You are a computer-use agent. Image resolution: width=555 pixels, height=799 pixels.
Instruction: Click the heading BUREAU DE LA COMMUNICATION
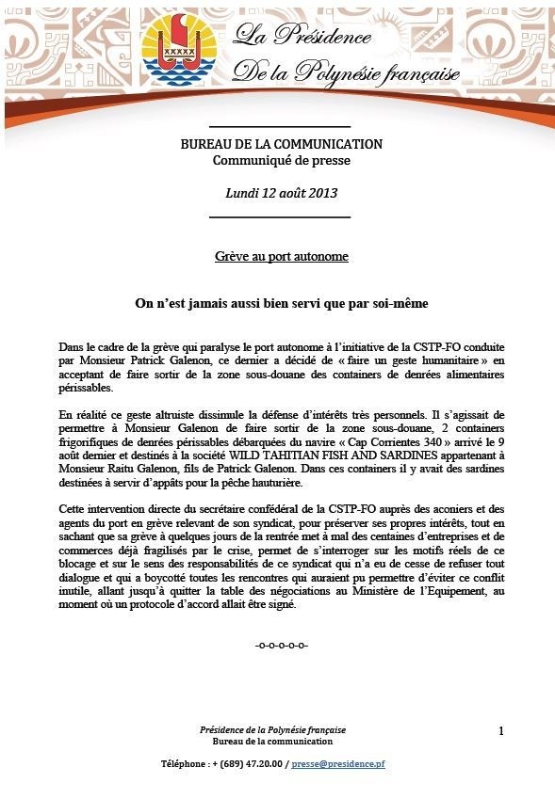pyautogui.click(x=281, y=145)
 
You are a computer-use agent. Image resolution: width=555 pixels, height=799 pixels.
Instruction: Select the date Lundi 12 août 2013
pyautogui.click(x=281, y=194)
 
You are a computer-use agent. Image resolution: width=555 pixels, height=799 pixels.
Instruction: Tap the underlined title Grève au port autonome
pyautogui.click(x=281, y=256)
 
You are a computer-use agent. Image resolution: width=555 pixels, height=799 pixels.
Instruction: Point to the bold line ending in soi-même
pyautogui.click(x=281, y=304)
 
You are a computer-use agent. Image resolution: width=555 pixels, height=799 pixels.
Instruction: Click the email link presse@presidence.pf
pyautogui.click(x=338, y=764)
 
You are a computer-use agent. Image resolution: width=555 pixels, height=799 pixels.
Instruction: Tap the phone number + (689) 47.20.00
pyautogui.click(x=242, y=764)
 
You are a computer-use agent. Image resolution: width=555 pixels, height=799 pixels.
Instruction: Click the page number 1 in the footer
pyautogui.click(x=501, y=731)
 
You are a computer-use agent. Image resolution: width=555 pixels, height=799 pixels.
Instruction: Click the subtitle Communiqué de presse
pyautogui.click(x=281, y=160)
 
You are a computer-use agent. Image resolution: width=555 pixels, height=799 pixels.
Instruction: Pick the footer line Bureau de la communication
pyautogui.click(x=272, y=742)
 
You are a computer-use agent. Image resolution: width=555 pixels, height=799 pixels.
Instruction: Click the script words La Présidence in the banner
pyautogui.click(x=303, y=38)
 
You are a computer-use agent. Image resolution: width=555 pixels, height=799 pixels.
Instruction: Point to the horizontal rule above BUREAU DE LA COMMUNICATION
pyautogui.click(x=279, y=126)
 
